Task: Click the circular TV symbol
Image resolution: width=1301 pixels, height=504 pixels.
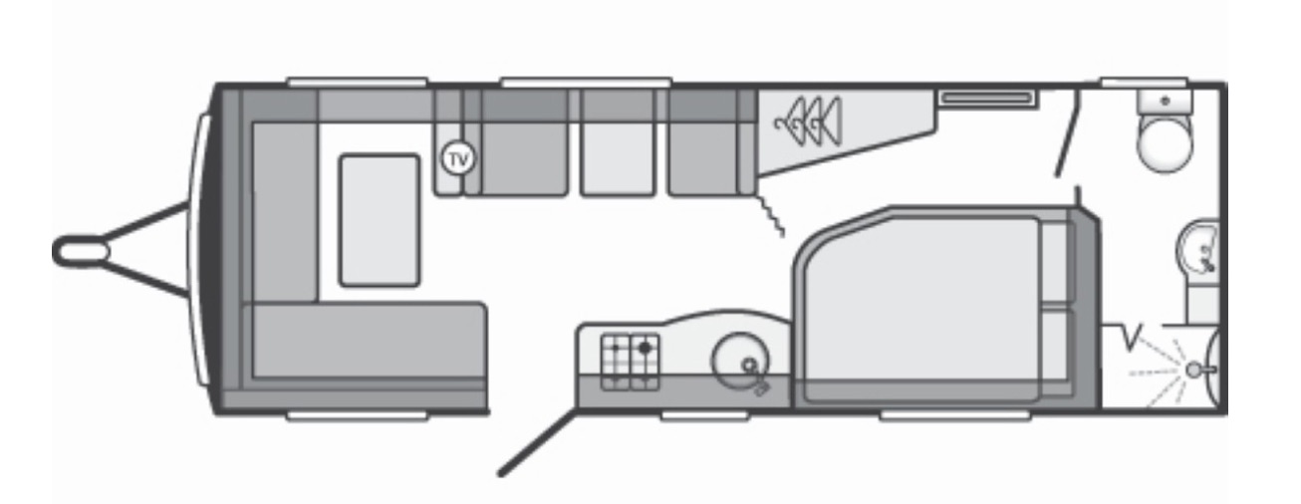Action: pos(459,159)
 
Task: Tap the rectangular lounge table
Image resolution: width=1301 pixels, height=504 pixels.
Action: pos(380,221)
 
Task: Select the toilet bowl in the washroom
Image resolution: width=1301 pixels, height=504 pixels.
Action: pos(1165,143)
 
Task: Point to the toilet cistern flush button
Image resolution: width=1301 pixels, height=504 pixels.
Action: pos(1165,101)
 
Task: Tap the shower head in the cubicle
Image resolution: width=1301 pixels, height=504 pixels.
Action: pos(1193,370)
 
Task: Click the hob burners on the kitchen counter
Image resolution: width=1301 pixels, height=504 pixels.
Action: pos(631,363)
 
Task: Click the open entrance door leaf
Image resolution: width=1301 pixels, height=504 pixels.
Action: pos(538,443)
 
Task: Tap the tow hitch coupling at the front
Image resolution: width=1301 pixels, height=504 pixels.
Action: pos(82,251)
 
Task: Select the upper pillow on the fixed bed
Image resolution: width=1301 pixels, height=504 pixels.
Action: pos(1057,262)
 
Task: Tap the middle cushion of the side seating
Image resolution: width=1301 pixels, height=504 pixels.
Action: pos(618,142)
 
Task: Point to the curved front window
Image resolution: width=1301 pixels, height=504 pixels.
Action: pos(197,250)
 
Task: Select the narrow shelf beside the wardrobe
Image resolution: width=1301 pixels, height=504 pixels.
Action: pos(987,99)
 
